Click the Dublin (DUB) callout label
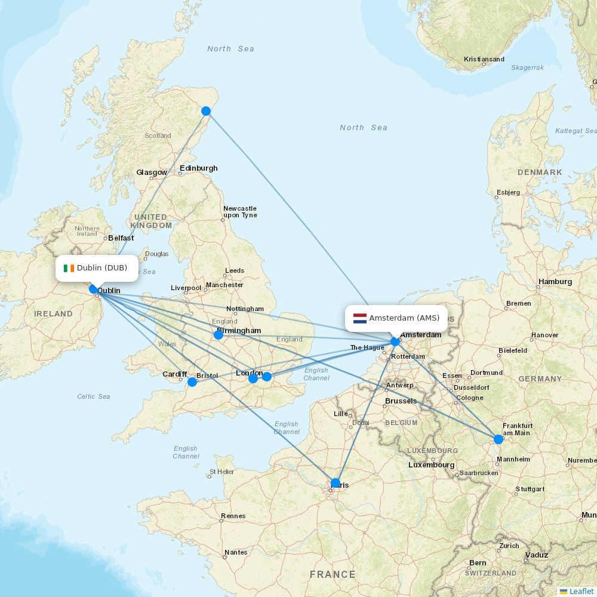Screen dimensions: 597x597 click(x=97, y=268)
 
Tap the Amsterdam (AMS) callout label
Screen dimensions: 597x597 click(x=397, y=318)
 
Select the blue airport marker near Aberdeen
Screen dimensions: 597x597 click(x=206, y=111)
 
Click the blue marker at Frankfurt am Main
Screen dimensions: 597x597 click(x=498, y=439)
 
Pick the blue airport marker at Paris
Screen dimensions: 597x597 click(x=336, y=483)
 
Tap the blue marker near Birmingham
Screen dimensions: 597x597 click(x=219, y=335)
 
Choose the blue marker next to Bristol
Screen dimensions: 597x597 click(x=192, y=382)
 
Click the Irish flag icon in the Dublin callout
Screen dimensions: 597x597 click(x=69, y=268)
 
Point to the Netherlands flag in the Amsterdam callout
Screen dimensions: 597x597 click(x=359, y=318)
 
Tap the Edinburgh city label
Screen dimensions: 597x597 click(x=199, y=168)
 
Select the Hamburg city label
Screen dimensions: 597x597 click(x=555, y=281)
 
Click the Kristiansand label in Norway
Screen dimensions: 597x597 click(x=484, y=59)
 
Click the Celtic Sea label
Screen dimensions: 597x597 click(x=94, y=396)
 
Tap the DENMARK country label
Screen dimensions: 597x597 click(x=540, y=172)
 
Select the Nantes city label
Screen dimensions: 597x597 click(x=235, y=552)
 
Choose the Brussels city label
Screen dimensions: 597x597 click(x=401, y=401)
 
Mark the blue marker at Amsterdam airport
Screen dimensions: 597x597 click(x=395, y=341)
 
